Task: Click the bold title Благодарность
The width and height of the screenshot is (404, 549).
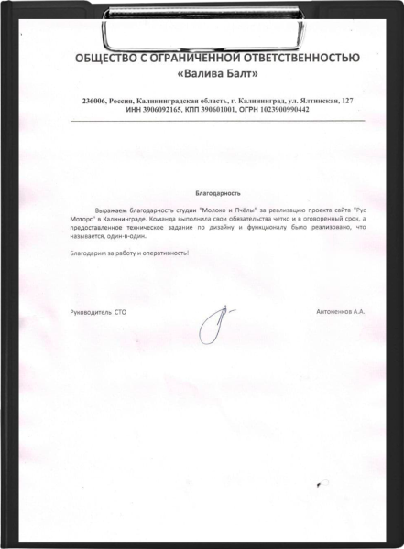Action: pyautogui.click(x=218, y=194)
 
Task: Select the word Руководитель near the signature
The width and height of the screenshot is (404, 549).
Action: pyautogui.click(x=89, y=312)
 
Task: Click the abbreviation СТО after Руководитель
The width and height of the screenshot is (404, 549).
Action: pyautogui.click(x=120, y=312)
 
